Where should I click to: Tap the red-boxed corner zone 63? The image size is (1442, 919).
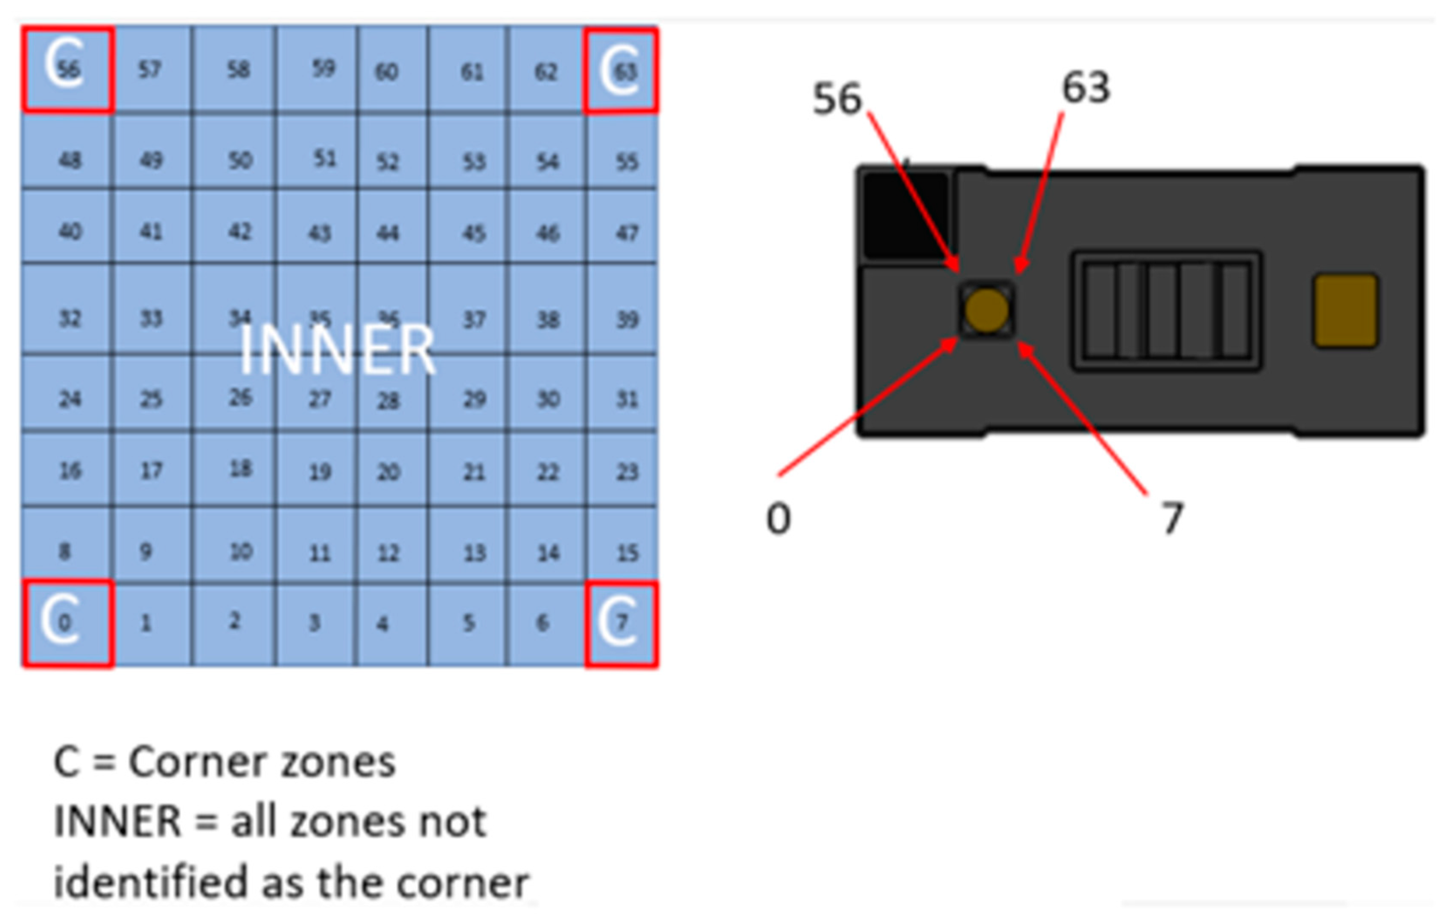[x=621, y=71]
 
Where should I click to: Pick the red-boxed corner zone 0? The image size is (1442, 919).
[x=67, y=623]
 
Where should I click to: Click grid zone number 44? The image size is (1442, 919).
[x=388, y=232]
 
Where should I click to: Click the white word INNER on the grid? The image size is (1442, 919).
[x=337, y=351]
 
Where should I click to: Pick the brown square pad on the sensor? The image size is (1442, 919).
[x=1346, y=311]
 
